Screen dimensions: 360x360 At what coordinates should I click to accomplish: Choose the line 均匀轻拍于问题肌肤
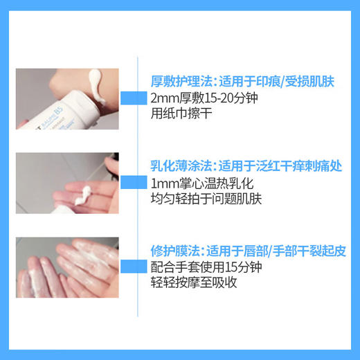click(x=206, y=199)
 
